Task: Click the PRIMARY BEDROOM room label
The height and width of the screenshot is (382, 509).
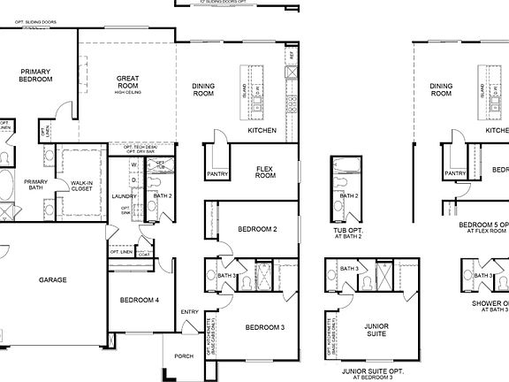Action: [x=36, y=74]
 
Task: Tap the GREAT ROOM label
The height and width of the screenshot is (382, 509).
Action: [x=129, y=82]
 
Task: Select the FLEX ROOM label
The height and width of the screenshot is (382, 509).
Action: [x=265, y=171]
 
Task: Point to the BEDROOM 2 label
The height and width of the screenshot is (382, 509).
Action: [x=258, y=229]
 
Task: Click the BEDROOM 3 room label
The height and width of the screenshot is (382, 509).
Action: [x=264, y=327]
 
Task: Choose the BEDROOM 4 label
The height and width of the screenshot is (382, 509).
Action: [x=140, y=300]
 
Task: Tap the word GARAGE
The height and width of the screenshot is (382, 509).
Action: [x=52, y=279]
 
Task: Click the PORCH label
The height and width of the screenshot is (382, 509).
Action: [x=184, y=356]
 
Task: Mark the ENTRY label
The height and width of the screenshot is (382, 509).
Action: [x=190, y=311]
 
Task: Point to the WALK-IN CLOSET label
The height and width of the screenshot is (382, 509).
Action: [x=83, y=186]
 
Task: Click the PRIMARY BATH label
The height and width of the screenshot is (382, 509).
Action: [x=35, y=185]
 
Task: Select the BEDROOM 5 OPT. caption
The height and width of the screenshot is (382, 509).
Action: [x=484, y=225]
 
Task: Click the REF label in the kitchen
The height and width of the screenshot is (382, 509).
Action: [x=290, y=55]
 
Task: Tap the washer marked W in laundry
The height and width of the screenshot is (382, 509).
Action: [x=133, y=164]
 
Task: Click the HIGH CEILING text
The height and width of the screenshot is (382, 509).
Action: [x=129, y=92]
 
